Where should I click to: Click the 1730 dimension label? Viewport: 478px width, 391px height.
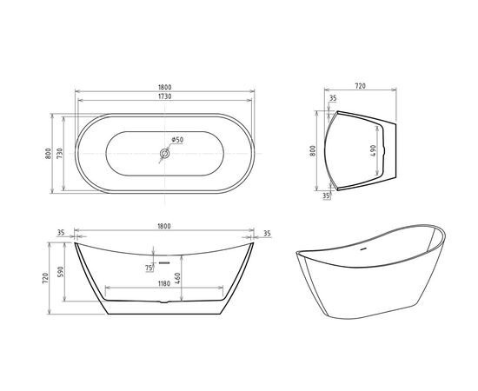pyautogui.click(x=163, y=97)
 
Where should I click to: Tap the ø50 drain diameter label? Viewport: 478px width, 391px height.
pyautogui.click(x=176, y=140)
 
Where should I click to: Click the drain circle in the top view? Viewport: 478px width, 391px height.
pyautogui.click(x=163, y=155)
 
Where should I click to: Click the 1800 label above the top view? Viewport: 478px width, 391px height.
pyautogui.click(x=163, y=88)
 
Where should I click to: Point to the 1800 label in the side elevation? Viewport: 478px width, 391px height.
pyautogui.click(x=163, y=227)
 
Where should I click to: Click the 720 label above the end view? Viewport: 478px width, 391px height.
pyautogui.click(x=360, y=88)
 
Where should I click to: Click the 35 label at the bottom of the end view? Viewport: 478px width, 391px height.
pyautogui.click(x=326, y=196)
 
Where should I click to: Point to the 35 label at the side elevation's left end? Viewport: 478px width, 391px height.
pyautogui.click(x=61, y=234)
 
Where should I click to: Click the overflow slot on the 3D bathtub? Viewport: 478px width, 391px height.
pyautogui.click(x=362, y=247)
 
